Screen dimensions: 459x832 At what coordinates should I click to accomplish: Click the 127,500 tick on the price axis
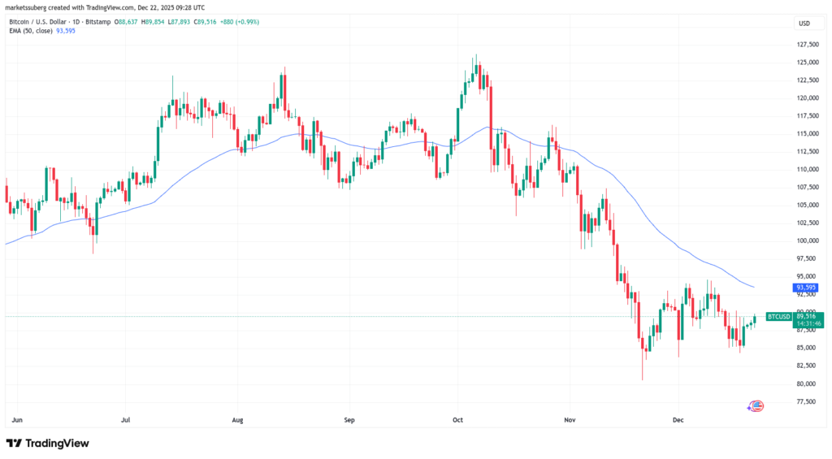tap(808, 45)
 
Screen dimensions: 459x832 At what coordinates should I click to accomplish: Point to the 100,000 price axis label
tap(808, 240)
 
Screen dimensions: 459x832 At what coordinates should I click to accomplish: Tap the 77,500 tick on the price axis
tap(808, 401)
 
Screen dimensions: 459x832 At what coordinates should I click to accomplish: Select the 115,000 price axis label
tap(808, 133)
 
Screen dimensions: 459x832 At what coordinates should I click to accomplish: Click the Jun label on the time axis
tap(17, 421)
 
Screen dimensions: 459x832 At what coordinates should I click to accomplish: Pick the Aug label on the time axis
tap(238, 421)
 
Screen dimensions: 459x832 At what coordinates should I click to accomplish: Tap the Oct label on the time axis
tap(457, 421)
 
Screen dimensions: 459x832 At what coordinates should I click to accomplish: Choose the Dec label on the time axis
tap(679, 421)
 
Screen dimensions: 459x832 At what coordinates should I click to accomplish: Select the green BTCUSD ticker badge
tap(778, 317)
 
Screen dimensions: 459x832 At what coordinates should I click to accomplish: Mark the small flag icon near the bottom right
tap(756, 405)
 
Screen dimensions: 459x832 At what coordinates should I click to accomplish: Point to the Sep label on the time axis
tap(349, 421)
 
